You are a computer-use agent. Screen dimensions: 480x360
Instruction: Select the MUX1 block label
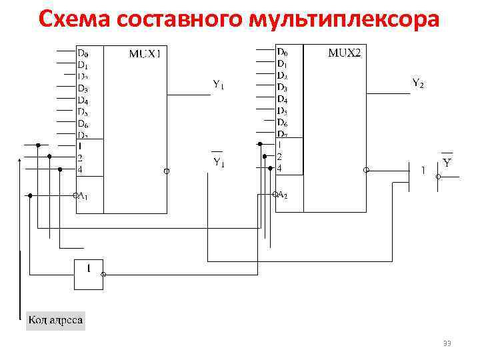pos(145,53)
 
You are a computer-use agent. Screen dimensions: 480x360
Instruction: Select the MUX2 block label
pos(345,53)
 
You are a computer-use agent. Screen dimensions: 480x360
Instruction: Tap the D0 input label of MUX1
pos(83,53)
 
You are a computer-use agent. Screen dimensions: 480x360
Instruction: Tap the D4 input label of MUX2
pos(282,99)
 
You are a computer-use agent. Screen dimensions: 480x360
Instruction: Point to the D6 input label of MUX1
pos(83,123)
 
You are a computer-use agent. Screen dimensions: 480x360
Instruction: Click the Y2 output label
pos(418,83)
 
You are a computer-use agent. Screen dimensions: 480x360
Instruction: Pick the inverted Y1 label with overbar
pos(219,161)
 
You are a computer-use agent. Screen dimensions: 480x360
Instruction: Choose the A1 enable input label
pos(83,196)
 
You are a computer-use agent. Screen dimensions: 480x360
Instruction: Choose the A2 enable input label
pos(281,195)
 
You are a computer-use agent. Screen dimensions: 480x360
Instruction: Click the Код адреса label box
pos(55,320)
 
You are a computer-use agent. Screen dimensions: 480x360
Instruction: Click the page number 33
pos(447,343)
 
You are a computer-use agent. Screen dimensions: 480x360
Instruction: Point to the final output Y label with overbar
pos(447,162)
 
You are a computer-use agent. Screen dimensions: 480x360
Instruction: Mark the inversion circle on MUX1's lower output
pos(167,171)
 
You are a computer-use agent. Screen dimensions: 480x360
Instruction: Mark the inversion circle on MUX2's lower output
pos(366,171)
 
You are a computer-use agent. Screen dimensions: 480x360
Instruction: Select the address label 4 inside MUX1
pos(80,170)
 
